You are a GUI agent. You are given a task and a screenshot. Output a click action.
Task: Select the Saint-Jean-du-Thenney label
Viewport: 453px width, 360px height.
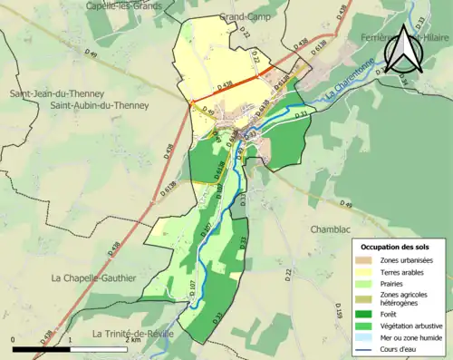(x=56, y=94)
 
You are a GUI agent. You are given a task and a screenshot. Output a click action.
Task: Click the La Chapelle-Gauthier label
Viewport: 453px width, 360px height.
(x=93, y=277)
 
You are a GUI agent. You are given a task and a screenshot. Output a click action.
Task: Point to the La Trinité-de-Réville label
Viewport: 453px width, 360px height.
(x=133, y=334)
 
